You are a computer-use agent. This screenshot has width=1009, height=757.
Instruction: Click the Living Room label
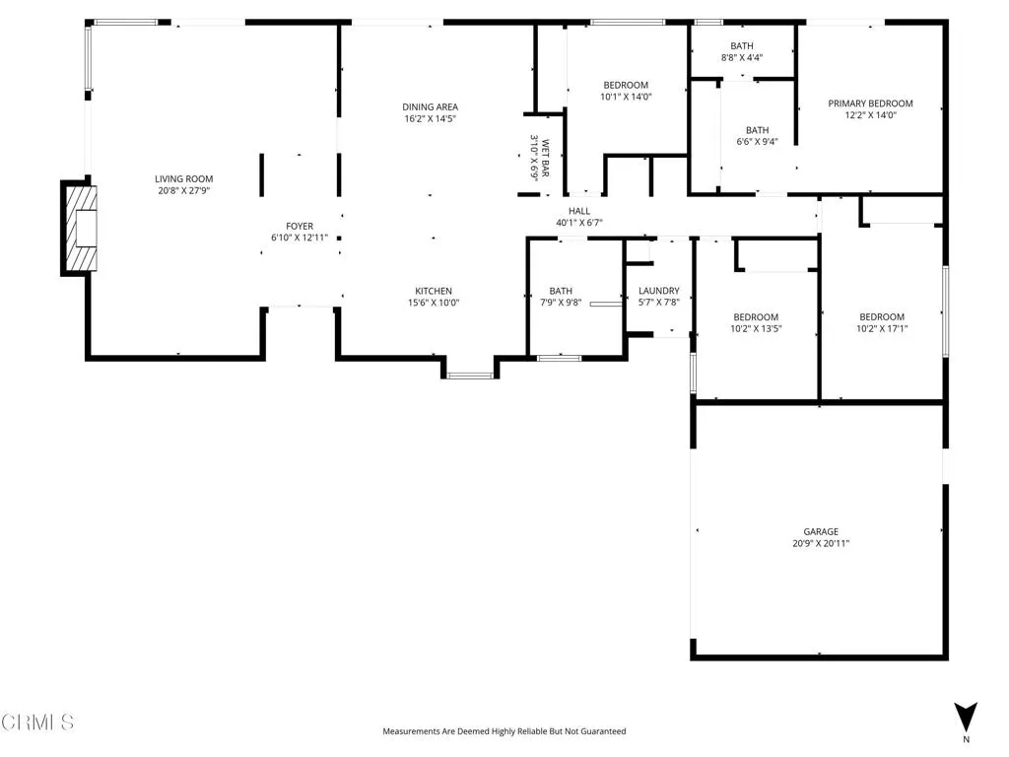point(183,179)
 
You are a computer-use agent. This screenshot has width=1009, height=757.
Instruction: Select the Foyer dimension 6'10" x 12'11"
point(300,238)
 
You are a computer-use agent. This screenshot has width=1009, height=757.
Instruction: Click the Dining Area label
point(430,107)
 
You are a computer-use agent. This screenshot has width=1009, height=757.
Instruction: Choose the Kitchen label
point(434,291)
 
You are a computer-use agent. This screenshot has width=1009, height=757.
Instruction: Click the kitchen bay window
point(469,375)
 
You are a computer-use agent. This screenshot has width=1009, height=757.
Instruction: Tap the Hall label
point(579,211)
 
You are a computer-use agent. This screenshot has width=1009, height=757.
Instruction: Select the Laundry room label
point(658,291)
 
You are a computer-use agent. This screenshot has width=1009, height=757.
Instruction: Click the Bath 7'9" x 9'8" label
point(561,291)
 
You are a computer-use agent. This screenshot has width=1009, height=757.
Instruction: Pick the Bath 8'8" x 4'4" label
point(742,46)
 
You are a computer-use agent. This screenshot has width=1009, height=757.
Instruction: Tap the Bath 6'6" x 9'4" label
point(757,130)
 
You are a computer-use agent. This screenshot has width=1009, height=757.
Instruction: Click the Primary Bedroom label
point(870,103)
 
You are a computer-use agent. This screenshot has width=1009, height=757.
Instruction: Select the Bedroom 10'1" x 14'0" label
point(626,85)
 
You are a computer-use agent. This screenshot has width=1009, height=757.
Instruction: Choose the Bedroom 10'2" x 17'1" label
point(881,317)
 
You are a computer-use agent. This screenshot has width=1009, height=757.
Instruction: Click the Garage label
point(820,531)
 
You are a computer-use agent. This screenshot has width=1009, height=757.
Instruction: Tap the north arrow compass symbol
point(966,717)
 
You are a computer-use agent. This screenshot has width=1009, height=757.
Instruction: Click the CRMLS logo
point(37,723)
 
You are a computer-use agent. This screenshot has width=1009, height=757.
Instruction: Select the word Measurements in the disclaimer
point(414,731)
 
